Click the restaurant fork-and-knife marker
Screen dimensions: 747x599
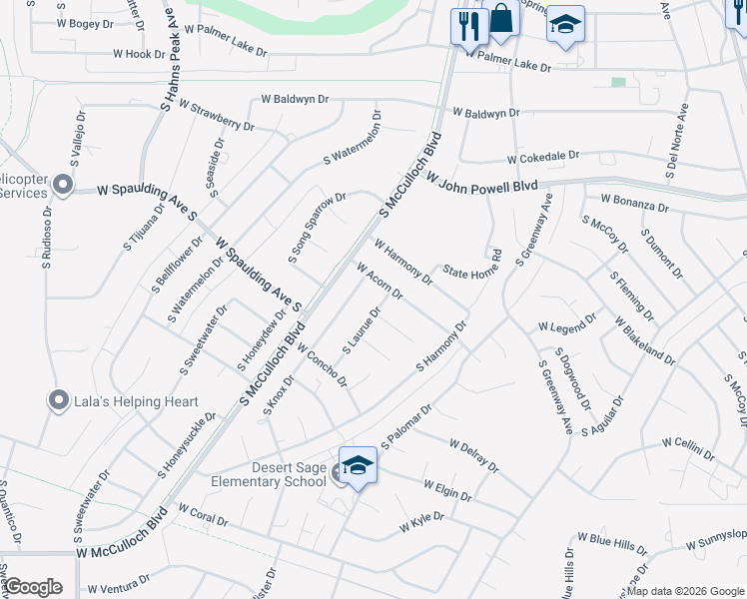[x=466, y=25]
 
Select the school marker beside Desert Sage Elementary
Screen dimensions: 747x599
[x=358, y=466]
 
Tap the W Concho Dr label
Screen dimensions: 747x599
[x=321, y=365]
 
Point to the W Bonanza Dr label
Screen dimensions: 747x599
[x=634, y=204]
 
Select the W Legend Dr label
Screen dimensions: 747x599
[x=567, y=325]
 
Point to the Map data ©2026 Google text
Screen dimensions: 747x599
[x=685, y=591]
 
